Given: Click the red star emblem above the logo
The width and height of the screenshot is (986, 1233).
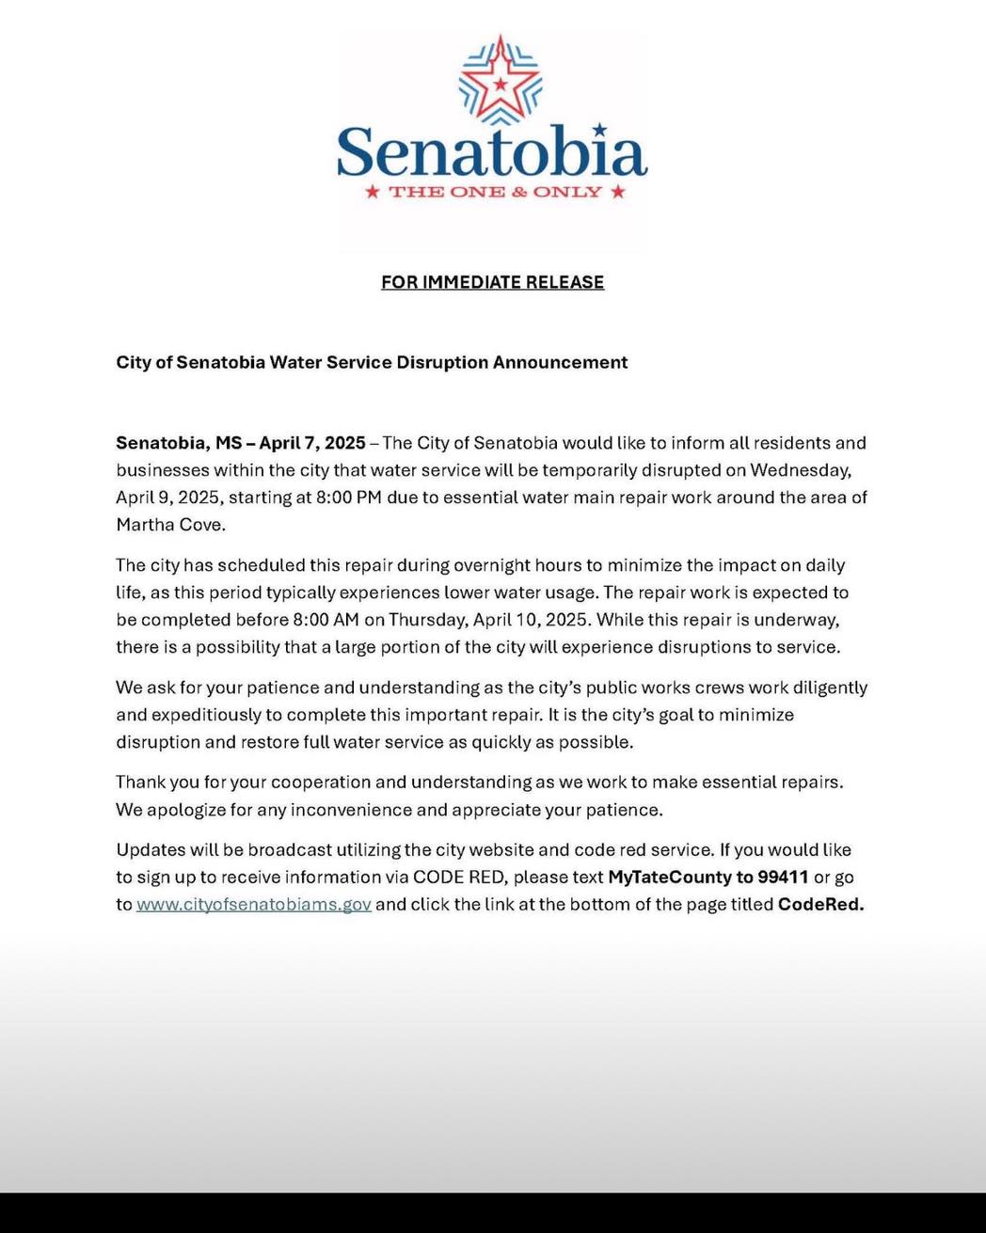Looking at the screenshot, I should click(x=500, y=82).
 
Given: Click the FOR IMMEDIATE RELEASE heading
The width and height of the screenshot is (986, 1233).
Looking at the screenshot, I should click(x=492, y=282).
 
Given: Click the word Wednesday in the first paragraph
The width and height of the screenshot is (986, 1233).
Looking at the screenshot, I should click(x=800, y=470).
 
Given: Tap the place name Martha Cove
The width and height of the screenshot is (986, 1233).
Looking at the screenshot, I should click(x=170, y=525).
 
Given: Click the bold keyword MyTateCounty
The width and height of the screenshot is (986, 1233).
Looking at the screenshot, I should click(x=669, y=877).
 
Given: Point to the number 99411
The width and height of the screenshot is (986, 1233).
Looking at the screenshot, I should click(x=783, y=877).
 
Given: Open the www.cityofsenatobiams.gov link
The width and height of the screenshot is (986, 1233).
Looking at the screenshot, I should click(x=253, y=905).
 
